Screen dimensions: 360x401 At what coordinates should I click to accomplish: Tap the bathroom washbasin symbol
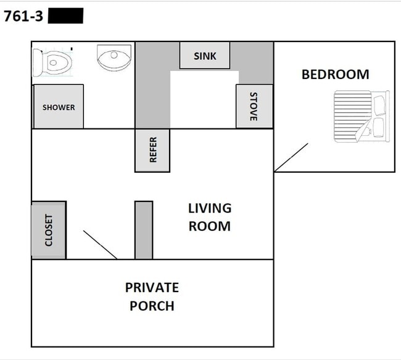114,57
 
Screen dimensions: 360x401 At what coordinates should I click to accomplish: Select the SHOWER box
59,107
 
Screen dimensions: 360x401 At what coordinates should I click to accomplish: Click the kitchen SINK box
205,56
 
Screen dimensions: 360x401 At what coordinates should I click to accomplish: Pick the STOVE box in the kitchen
254,106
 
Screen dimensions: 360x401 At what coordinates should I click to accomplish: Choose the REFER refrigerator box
152,150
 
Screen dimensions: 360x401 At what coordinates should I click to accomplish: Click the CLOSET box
49,230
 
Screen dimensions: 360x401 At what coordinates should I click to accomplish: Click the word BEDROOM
335,75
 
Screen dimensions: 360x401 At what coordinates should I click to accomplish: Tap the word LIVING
210,209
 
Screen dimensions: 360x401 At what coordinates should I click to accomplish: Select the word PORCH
152,306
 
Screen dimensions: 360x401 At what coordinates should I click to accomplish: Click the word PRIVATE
152,288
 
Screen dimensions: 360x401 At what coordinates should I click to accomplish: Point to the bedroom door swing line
291,157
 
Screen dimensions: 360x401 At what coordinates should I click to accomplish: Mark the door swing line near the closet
100,245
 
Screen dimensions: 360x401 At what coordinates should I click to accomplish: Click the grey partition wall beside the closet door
144,230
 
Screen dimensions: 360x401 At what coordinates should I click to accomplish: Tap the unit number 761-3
23,17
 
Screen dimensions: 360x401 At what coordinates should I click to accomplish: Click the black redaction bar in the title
65,16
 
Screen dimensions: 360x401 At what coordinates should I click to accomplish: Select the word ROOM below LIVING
210,226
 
